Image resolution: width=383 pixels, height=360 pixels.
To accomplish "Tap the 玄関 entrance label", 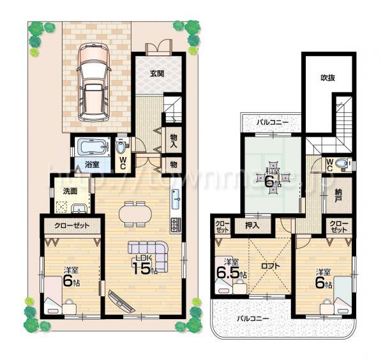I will pyautogui.click(x=157, y=73).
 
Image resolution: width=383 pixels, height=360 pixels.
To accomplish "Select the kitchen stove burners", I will pyautogui.click(x=176, y=225).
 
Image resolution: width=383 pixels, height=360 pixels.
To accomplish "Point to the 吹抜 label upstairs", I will pyautogui.click(x=328, y=78).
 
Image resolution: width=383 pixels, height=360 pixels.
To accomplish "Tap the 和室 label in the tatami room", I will pyautogui.click(x=271, y=170).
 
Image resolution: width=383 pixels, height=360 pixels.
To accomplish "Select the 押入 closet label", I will pyautogui.click(x=252, y=225).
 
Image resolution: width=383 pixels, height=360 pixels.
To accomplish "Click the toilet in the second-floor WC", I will pyautogui.click(x=343, y=164).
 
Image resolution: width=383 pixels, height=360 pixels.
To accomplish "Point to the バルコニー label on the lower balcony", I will pyautogui.click(x=252, y=317).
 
